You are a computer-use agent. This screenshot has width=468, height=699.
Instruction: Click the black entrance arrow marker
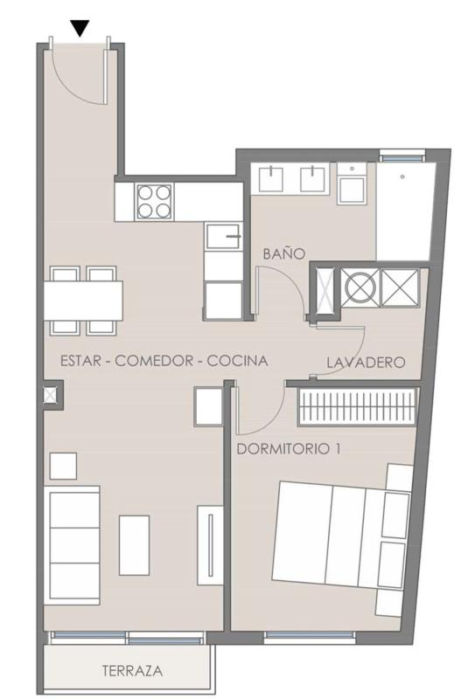pyautogui.click(x=80, y=29)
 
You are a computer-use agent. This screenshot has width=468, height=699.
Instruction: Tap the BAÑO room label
pyautogui.click(x=284, y=253)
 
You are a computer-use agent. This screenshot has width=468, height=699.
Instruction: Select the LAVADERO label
pyautogui.click(x=366, y=363)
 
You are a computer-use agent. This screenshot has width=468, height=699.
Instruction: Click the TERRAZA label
pyautogui.click(x=132, y=670)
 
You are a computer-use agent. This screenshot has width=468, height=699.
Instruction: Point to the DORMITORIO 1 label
pyautogui.click(x=289, y=448)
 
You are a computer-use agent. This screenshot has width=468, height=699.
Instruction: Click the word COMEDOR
pyautogui.click(x=154, y=361)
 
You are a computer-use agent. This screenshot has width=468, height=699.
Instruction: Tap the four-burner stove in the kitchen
pyautogui.click(x=154, y=202)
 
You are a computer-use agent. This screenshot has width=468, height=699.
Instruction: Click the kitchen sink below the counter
pyautogui.click(x=224, y=236)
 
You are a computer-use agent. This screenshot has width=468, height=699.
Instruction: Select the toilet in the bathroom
pyautogui.click(x=352, y=183)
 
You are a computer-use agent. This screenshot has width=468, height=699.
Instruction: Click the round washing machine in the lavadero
pyautogui.click(x=360, y=288)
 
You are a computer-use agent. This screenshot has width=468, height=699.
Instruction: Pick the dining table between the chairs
pyautogui.click(x=83, y=300)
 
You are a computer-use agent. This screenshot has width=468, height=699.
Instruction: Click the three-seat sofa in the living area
pyautogui.click(x=72, y=545)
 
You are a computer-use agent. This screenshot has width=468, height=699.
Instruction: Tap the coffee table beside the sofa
pyautogui.click(x=135, y=545)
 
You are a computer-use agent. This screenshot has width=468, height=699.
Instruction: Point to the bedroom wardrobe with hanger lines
pyautogui.click(x=359, y=406)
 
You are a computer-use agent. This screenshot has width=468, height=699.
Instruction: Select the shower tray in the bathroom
pyautogui.click(x=406, y=211)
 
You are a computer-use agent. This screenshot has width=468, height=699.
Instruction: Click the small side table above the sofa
pyautogui.click(x=63, y=466)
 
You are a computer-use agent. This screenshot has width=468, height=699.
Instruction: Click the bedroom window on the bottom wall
pyautogui.click(x=310, y=636)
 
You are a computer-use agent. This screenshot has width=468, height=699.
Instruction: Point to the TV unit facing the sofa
pyautogui.click(x=210, y=545)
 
